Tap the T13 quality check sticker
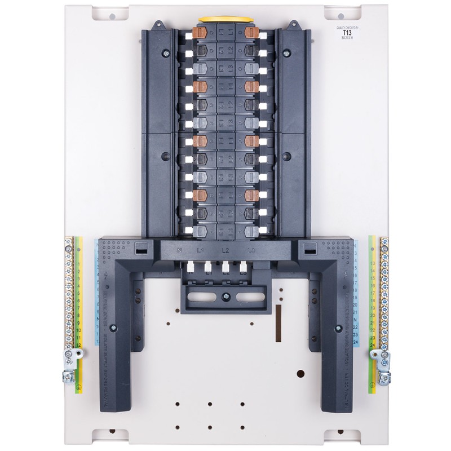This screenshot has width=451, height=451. coord(346,32)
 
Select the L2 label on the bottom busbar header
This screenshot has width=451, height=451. coord(225,249)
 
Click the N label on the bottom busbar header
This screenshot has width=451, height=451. coord(179,249)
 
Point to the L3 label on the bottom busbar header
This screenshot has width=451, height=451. coord(251,249)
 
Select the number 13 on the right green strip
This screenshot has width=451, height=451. coord(372,263)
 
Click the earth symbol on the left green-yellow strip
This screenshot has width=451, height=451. coord(79,388)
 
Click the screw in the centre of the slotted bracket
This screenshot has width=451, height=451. coord(225,295)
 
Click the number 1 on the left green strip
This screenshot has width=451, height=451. coord(79,255)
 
